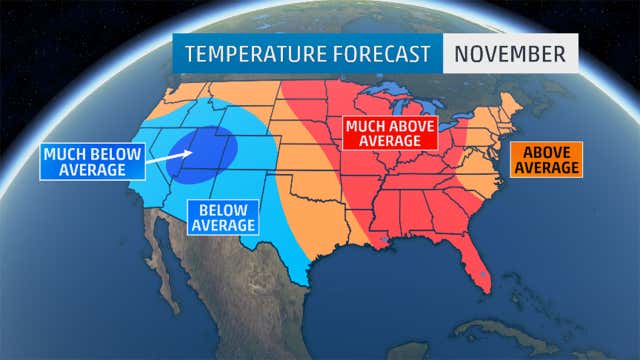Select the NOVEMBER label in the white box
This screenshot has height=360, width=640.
click(x=511, y=51)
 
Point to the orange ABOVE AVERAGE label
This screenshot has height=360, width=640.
click(x=547, y=159)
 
